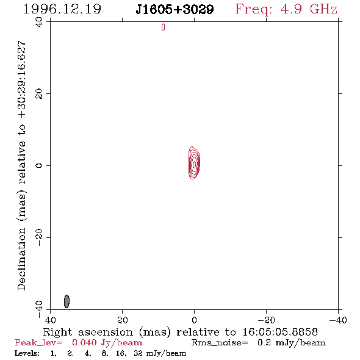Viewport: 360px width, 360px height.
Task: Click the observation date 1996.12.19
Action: click(62, 9)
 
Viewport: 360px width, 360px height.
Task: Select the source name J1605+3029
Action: click(175, 9)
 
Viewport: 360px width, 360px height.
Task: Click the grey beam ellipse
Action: click(67, 301)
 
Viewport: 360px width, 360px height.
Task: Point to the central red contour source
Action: click(194, 163)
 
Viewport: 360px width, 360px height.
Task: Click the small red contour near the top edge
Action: click(163, 27)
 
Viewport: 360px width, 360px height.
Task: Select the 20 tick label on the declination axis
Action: click(39, 94)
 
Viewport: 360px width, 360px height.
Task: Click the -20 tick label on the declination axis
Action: click(39, 237)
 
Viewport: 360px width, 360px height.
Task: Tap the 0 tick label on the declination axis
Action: click(39, 165)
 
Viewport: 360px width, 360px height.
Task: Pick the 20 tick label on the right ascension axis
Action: click(123, 320)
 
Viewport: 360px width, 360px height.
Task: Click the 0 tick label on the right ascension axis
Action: click(194, 320)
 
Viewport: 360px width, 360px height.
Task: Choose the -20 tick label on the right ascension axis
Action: click(266, 320)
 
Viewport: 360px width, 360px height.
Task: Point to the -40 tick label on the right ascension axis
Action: click(338, 320)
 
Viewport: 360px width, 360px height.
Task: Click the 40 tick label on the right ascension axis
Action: click(51, 320)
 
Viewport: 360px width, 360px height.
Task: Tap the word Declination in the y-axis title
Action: click(21, 259)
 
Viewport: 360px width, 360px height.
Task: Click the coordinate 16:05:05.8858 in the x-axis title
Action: click(280, 332)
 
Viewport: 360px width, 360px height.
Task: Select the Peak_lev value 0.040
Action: click(84, 342)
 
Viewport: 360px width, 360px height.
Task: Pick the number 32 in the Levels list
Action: click(139, 353)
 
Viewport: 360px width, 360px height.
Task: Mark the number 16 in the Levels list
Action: click(121, 353)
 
